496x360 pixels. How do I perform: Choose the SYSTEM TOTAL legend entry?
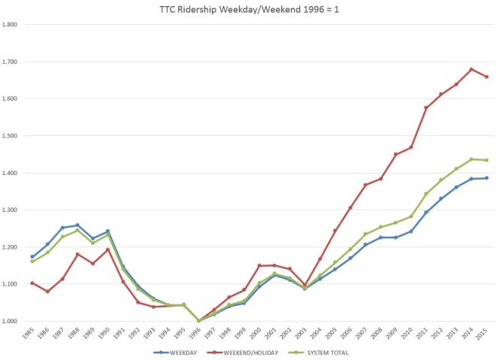326,352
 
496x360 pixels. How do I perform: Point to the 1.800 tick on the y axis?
11,25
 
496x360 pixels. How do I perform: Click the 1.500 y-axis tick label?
11,136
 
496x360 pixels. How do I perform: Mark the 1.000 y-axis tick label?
11,321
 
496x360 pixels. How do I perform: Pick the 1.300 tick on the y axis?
11,210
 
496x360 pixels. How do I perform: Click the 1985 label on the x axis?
29,333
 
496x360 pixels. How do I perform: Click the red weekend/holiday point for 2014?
471,69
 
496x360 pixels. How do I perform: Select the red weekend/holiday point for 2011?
426,108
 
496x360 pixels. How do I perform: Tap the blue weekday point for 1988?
77,225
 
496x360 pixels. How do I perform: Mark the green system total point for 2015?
486,160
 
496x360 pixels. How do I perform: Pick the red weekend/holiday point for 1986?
47,292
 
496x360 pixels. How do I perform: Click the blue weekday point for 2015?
486,178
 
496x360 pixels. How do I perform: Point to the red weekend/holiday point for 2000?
259,265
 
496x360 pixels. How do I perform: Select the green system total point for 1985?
32,262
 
